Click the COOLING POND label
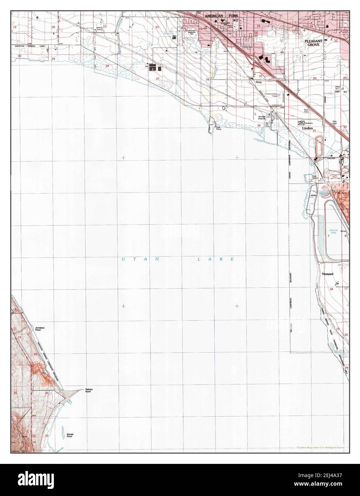tap(333, 231)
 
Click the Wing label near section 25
tap(259, 82)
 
